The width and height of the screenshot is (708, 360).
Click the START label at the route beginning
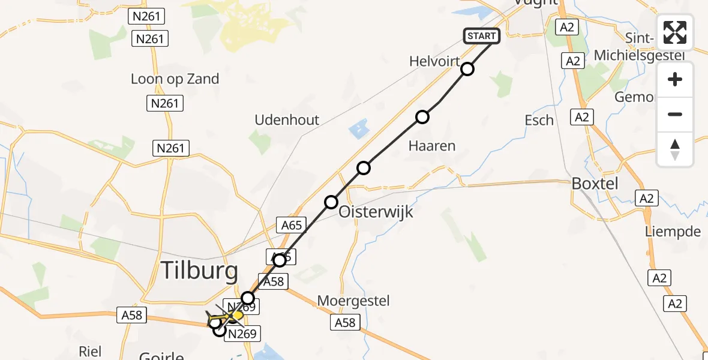481,36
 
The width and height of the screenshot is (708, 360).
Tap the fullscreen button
675,32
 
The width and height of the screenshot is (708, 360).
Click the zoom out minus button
675,115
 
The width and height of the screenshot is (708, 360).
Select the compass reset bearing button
675,149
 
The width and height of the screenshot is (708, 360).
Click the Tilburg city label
199,271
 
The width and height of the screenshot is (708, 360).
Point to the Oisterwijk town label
376,212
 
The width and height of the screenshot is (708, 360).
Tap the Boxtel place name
595,184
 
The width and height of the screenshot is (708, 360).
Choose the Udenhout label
287,119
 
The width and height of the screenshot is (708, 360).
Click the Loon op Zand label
175,79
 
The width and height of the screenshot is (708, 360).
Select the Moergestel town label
353,300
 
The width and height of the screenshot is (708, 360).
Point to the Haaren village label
432,145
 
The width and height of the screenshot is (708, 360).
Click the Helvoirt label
435,61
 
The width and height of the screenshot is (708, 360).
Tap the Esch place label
539,120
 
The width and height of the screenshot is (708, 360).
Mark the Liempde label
673,232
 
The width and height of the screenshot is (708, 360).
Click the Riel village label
90,351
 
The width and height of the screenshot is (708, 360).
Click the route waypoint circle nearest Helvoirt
467,70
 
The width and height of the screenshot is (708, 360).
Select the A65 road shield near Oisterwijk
292,226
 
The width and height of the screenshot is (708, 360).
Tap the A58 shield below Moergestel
345,323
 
